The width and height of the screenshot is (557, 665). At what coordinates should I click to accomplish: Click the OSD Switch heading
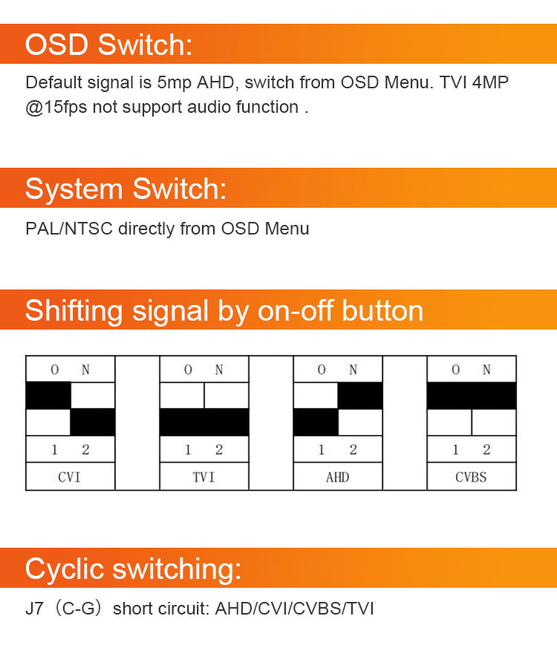coord(108,45)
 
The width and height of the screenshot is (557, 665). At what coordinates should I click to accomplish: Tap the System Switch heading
coord(126,189)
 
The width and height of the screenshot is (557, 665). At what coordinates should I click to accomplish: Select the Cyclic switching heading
coord(133,569)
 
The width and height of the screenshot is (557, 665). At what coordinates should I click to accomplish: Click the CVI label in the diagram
coord(70,476)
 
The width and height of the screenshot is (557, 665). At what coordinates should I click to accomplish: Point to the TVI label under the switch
coord(203,476)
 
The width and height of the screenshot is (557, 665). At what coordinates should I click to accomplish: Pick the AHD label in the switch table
coord(337,476)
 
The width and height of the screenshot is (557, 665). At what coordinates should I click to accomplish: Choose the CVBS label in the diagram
coord(471,476)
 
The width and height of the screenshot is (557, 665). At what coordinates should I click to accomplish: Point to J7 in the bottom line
coord(35,609)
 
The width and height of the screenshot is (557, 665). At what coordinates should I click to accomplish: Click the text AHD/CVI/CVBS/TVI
coord(294,609)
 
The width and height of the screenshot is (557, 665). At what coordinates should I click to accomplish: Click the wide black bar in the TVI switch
coord(204,422)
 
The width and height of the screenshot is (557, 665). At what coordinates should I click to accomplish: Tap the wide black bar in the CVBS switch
coord(472,396)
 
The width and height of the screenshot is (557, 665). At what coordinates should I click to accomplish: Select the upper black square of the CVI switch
coord(48,396)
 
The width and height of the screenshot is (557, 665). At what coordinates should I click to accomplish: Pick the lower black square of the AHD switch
coord(316,422)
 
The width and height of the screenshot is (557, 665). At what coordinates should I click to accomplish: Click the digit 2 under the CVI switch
coord(85,450)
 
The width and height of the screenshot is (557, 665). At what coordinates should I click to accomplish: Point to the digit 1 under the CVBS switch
coord(455,450)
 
